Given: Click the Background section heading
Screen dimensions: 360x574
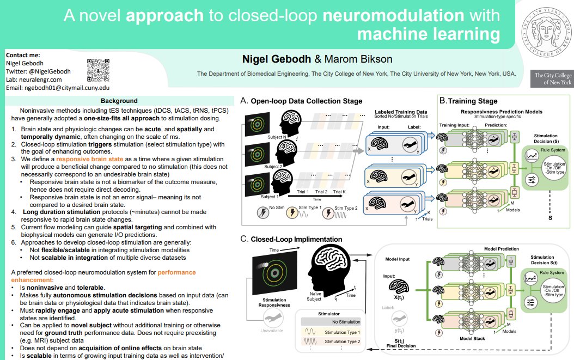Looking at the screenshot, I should (x=119, y=101).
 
